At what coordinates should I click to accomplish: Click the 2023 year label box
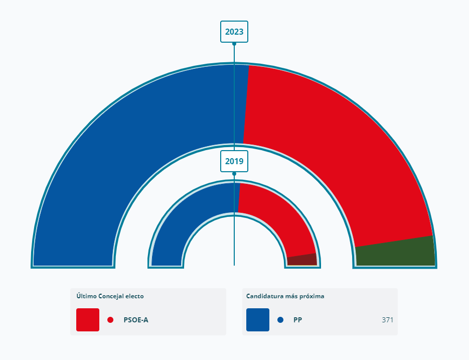(234, 32)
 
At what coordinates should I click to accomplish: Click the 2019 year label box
(234, 161)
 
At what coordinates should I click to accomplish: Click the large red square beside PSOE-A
(88, 320)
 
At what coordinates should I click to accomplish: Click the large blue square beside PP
(258, 320)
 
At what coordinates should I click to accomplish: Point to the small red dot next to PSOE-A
(110, 320)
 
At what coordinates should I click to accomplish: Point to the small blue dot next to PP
(280, 320)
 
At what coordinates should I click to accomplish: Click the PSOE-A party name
(136, 320)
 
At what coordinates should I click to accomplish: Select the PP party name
(298, 320)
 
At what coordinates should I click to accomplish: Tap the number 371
(387, 320)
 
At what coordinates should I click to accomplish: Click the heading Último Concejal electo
(110, 296)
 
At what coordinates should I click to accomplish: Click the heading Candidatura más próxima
(285, 296)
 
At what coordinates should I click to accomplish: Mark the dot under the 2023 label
(234, 44)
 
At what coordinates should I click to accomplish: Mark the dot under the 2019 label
(234, 174)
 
